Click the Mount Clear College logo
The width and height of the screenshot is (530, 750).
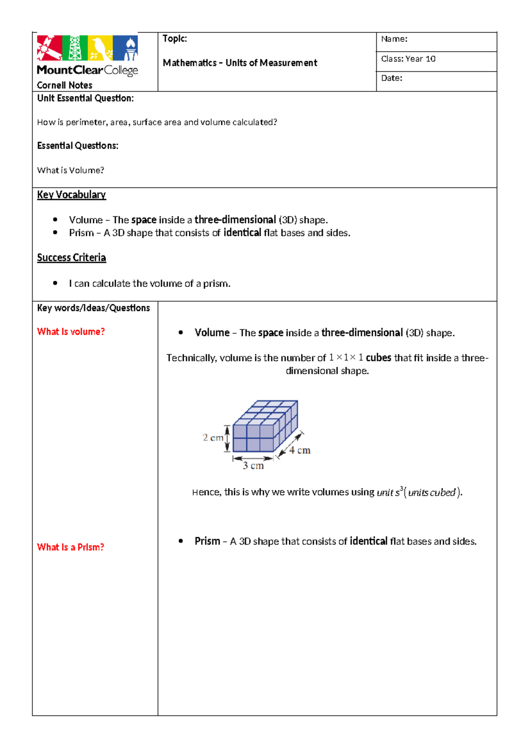click(87, 55)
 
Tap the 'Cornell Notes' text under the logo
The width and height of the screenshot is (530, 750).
click(64, 85)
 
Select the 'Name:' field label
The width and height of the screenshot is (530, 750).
click(394, 39)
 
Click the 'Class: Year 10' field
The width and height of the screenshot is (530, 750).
click(408, 59)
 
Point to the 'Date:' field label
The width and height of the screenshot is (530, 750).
click(391, 78)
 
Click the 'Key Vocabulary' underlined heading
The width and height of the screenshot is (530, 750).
click(71, 195)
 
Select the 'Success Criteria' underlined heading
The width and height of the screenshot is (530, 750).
click(71, 258)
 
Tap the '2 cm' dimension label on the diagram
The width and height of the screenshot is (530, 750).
click(213, 438)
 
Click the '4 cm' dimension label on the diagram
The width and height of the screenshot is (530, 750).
click(300, 451)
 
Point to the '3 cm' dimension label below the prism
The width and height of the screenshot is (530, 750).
click(253, 466)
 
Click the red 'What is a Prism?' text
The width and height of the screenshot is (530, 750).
click(71, 547)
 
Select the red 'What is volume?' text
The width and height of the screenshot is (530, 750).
click(71, 332)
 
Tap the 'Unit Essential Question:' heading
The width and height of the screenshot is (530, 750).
click(85, 98)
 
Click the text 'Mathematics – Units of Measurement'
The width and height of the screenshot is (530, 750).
click(240, 63)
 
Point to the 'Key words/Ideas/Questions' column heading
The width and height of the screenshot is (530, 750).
click(93, 308)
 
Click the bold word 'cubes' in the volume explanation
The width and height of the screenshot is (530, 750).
click(378, 358)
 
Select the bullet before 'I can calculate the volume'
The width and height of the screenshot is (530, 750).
click(55, 283)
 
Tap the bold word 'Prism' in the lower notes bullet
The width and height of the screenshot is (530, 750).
click(207, 541)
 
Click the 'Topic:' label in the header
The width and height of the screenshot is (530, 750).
click(174, 39)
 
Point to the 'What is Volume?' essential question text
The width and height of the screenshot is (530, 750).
click(71, 170)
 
